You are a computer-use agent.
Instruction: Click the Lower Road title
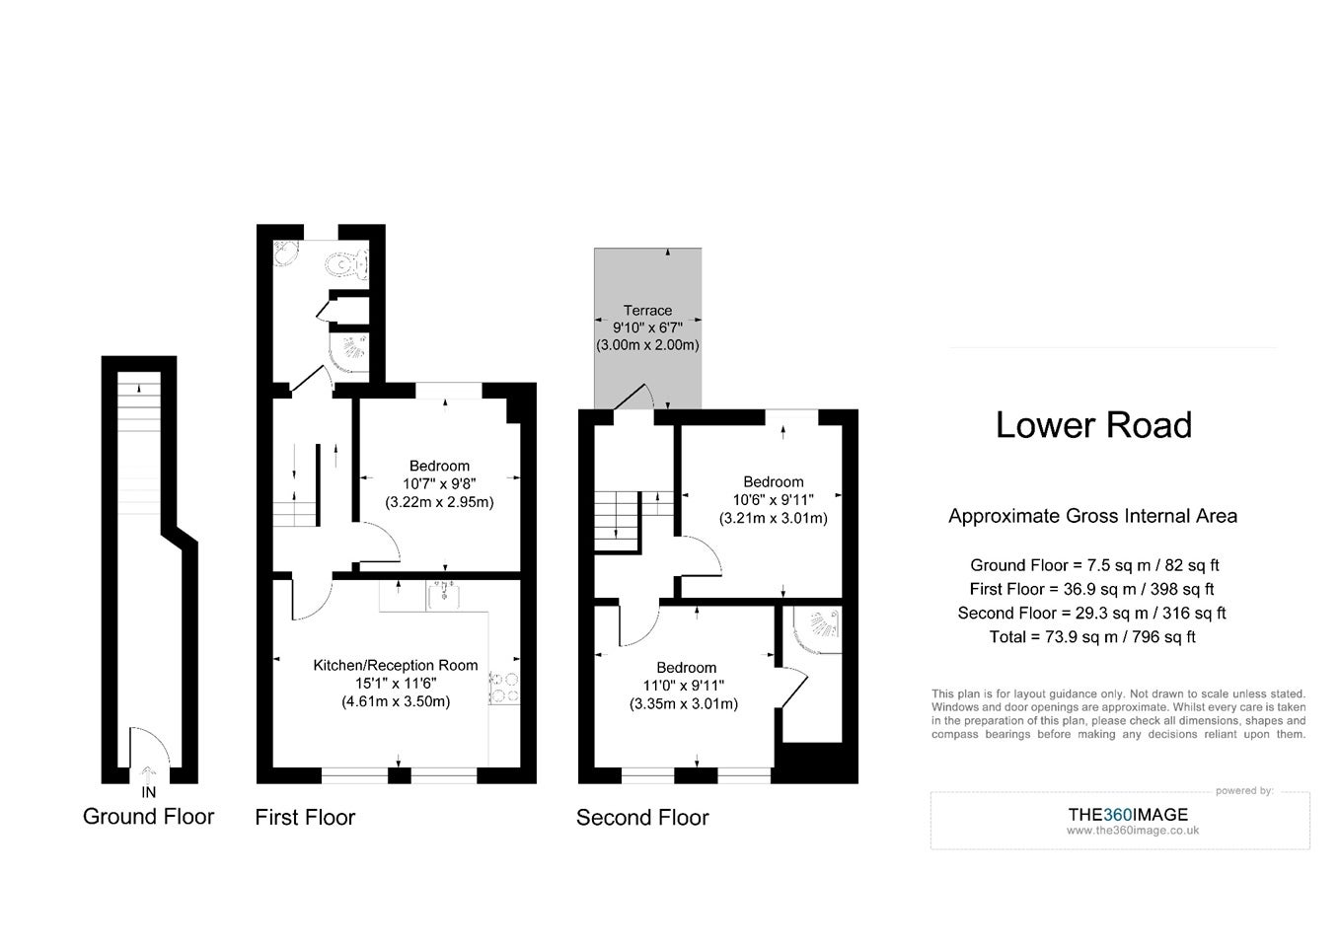[1093, 425]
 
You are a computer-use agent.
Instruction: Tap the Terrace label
[647, 311]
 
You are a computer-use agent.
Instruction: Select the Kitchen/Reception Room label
[396, 665]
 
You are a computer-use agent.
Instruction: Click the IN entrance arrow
[148, 772]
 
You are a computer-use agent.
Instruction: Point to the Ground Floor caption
[148, 816]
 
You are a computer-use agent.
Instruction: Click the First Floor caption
[305, 817]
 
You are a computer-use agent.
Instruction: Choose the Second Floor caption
[642, 817]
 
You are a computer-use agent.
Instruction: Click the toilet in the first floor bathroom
[347, 263]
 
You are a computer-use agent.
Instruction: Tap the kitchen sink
[443, 595]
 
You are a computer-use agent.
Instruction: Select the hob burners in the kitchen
[504, 687]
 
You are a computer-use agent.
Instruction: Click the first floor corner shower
[349, 352]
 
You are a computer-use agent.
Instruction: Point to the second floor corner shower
[818, 629]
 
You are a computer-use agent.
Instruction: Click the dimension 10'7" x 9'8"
[439, 483]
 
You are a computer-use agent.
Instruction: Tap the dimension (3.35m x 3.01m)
[684, 703]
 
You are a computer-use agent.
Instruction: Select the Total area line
[1092, 636]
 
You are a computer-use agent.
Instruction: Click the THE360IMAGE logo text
[1128, 814]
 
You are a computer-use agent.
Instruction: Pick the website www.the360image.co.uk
[1133, 831]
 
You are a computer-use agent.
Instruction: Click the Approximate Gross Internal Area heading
[1093, 516]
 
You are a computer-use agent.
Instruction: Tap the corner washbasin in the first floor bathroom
[285, 254]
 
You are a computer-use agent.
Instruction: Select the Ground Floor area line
[1094, 565]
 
